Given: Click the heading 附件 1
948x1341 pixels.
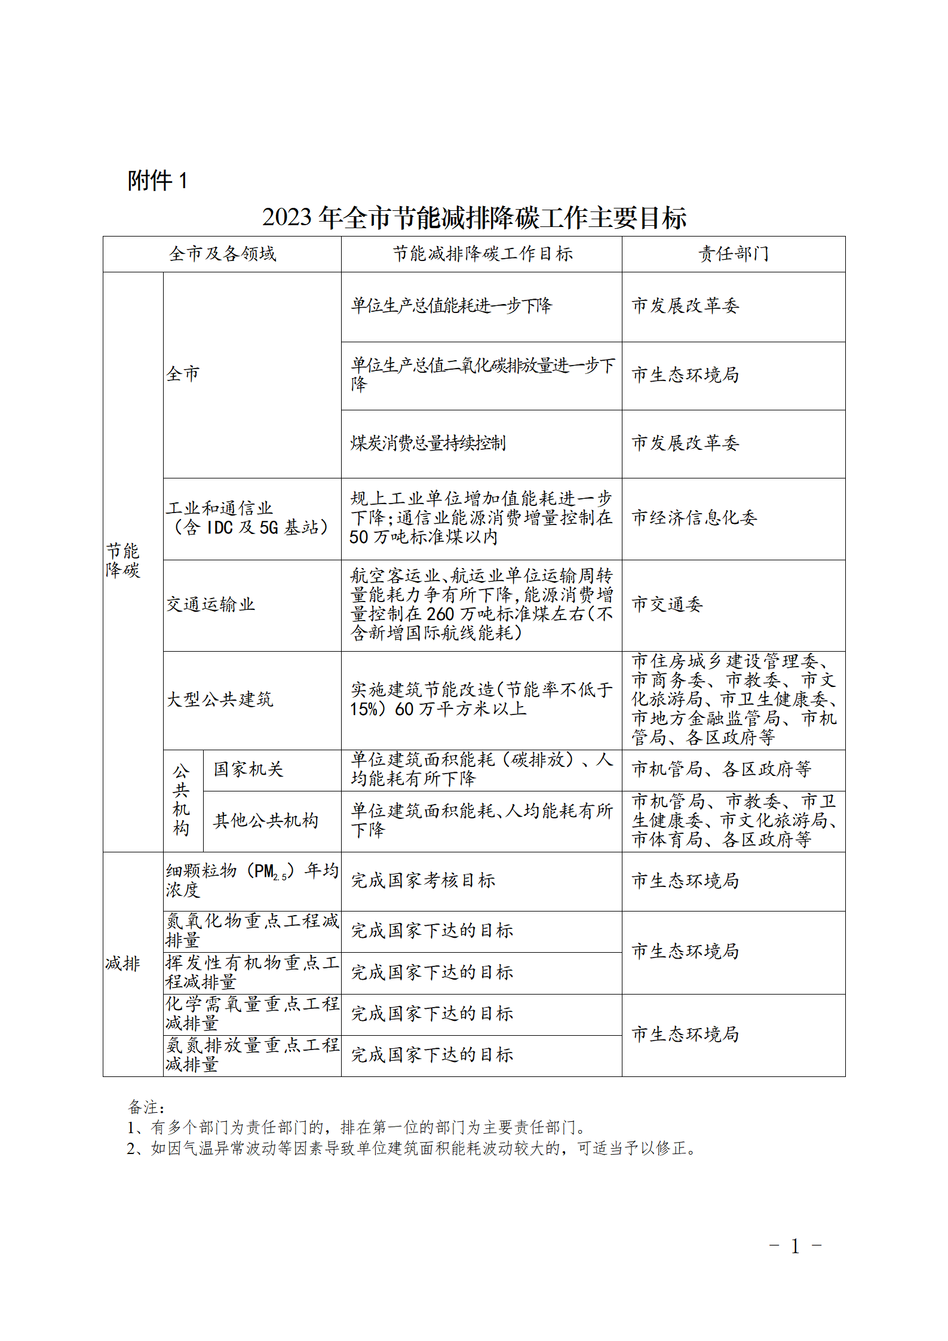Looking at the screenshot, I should coord(158,180).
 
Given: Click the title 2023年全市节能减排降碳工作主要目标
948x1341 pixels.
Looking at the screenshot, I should coord(474,217).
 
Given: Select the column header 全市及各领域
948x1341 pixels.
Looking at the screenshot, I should coord(222,254).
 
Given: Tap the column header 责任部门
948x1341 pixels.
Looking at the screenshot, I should coord(734,254).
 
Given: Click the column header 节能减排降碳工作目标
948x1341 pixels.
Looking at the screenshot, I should coord(482,254).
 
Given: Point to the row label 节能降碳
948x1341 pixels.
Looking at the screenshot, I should coord(123,560).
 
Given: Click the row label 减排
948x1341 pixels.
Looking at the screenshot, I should coord(123,963).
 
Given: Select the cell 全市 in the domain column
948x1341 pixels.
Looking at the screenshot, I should coord(183,374).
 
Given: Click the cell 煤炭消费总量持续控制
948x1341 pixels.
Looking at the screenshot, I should coord(428,443).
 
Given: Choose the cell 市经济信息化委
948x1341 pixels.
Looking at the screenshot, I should coord(694,517).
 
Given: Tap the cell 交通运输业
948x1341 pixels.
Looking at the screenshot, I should coord(210,604).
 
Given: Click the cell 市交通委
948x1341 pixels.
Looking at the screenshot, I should coord(667,604).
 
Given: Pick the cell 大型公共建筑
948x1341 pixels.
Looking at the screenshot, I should coord(219,699).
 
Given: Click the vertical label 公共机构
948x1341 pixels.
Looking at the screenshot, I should coord(182,800).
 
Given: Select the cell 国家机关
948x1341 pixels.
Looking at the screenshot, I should coord(248,769).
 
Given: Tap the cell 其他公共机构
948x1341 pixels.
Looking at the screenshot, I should coord(265,821).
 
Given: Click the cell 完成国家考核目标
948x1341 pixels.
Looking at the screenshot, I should coord(423,880).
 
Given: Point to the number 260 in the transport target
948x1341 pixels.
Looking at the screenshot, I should coord(440,614).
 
